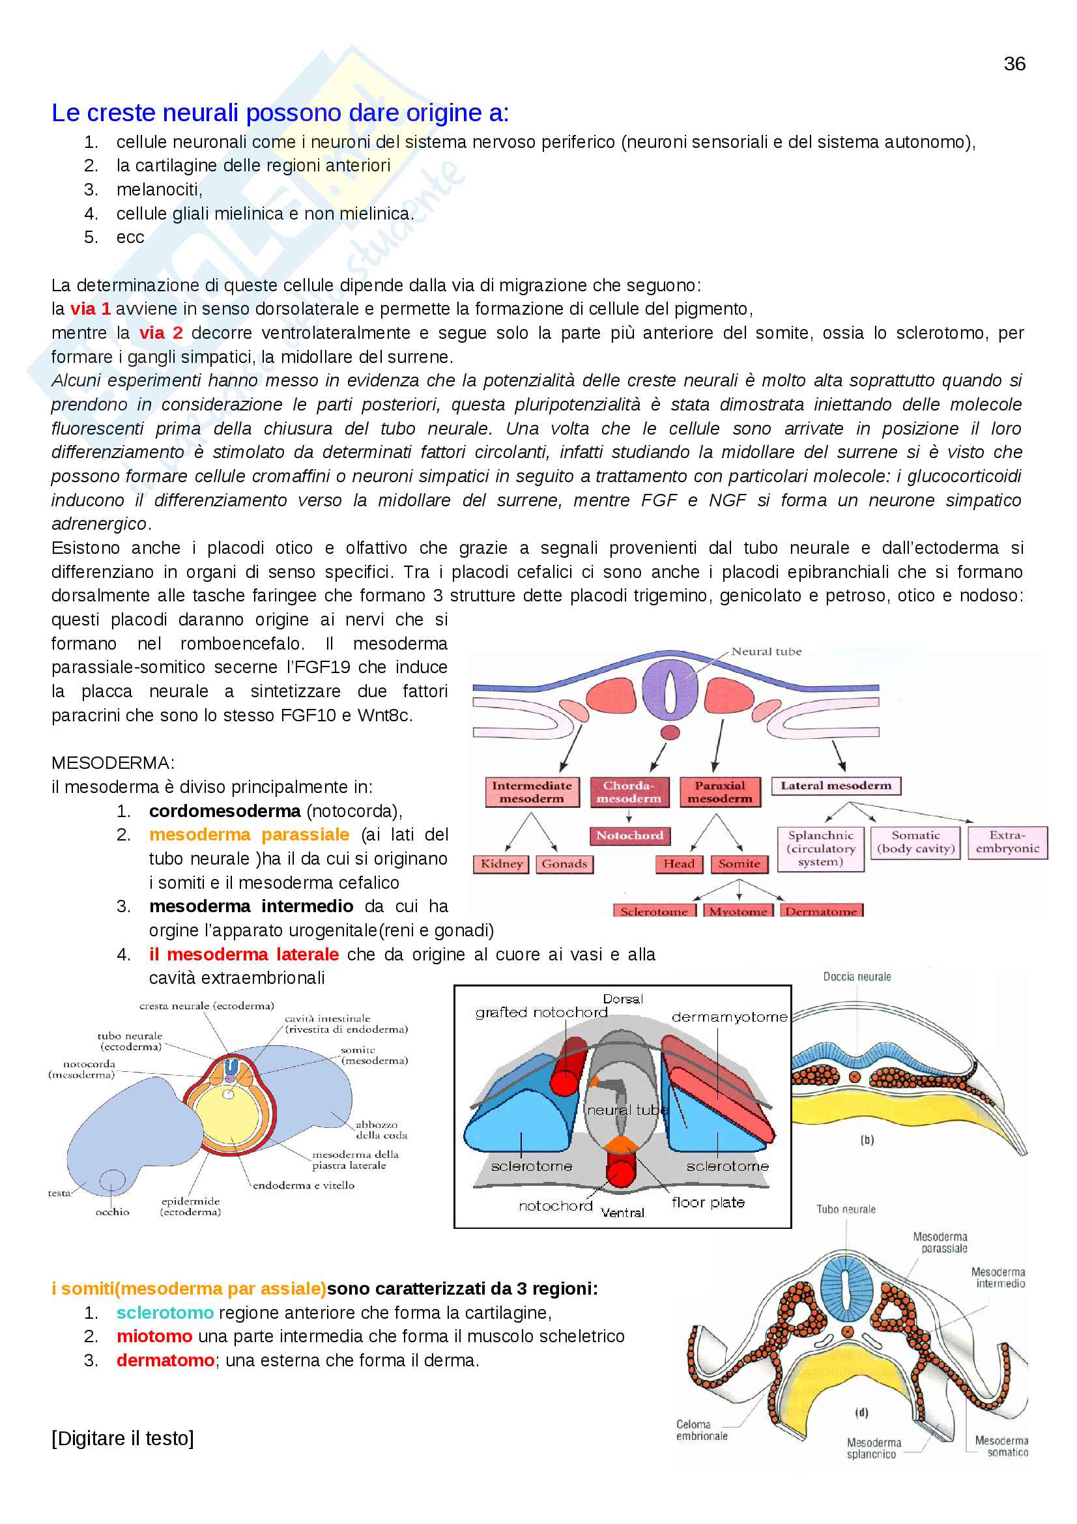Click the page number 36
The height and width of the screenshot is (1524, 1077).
coord(1014,64)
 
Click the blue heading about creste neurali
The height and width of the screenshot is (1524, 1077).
coord(280,113)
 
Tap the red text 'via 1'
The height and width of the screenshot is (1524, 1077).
coord(91,309)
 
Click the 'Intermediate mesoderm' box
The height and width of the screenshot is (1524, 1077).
coord(532,792)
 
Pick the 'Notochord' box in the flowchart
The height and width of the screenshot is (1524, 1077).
coord(629,836)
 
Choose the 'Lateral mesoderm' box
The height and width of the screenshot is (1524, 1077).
coord(835,786)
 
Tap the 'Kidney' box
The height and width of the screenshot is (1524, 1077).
coord(501,863)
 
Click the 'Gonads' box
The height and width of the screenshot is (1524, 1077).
coord(564,863)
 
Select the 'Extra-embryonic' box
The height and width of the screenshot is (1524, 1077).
coord(1007,842)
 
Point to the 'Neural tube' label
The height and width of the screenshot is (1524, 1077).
coord(766,652)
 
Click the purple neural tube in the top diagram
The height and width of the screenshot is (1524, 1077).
coord(670,690)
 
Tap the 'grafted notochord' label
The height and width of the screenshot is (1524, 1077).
coord(541,1013)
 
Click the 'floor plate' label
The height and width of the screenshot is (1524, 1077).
coord(708,1202)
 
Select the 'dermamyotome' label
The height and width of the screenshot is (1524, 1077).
coord(729,1017)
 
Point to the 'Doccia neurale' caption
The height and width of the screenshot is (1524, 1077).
coord(857,977)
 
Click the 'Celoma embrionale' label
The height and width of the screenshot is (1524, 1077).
coord(702,1430)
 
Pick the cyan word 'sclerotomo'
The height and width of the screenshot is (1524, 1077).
coord(165,1312)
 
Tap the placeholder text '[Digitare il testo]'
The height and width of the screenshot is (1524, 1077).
coord(122,1438)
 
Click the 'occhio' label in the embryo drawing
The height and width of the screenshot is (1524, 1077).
coord(112,1211)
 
